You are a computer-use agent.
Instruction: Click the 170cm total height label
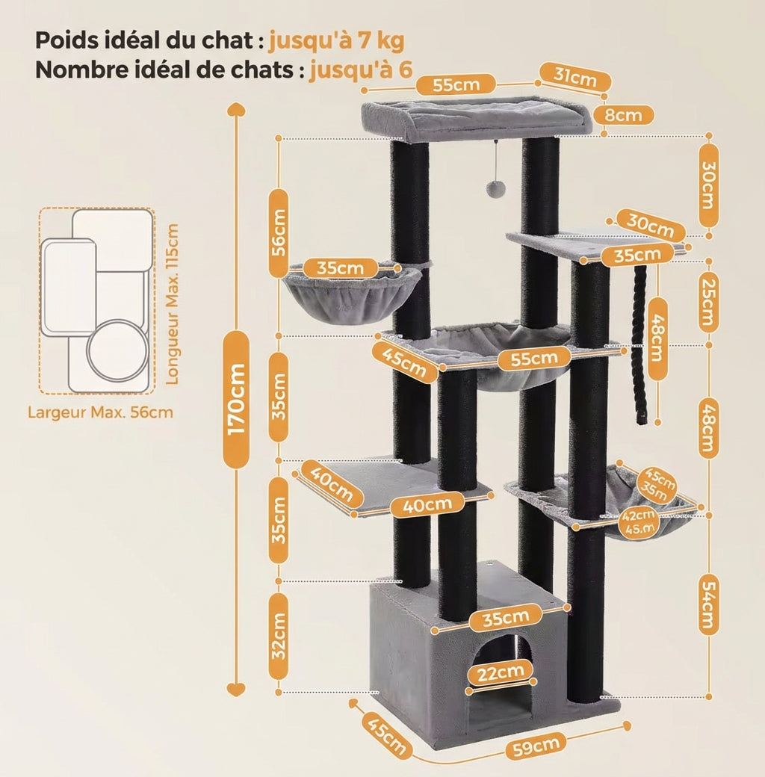click(x=237, y=399)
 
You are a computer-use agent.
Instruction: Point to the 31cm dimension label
click(x=575, y=77)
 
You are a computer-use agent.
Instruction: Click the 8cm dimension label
click(x=623, y=115)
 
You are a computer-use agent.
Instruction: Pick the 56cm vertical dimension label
click(x=278, y=232)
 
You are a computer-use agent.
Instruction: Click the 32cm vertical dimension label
click(x=278, y=635)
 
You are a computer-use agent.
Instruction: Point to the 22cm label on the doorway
click(x=501, y=672)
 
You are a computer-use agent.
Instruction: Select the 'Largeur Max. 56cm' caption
click(x=100, y=412)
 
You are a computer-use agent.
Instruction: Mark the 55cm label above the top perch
click(x=456, y=84)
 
